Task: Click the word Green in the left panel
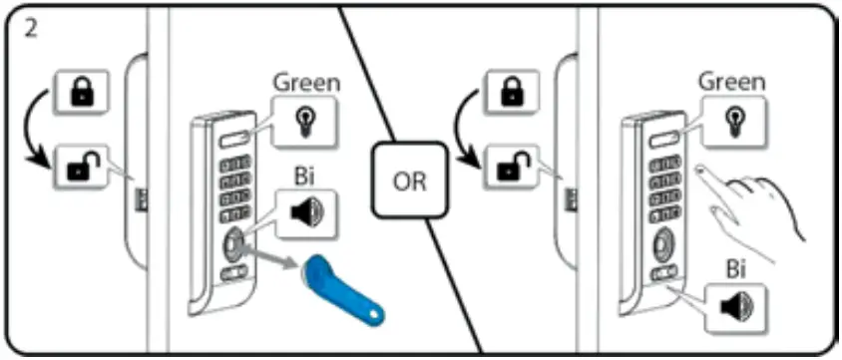pyautogui.click(x=306, y=82)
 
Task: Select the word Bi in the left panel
pyautogui.click(x=306, y=174)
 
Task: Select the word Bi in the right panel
pyautogui.click(x=737, y=269)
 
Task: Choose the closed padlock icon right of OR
pyautogui.click(x=510, y=93)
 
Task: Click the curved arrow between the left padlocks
pyautogui.click(x=36, y=130)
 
